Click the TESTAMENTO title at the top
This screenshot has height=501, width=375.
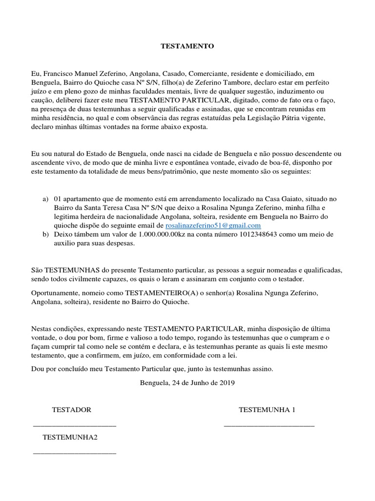pos(187,46)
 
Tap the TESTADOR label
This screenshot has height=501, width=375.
pos(71,410)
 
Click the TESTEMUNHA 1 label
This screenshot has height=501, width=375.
pos(267,410)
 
